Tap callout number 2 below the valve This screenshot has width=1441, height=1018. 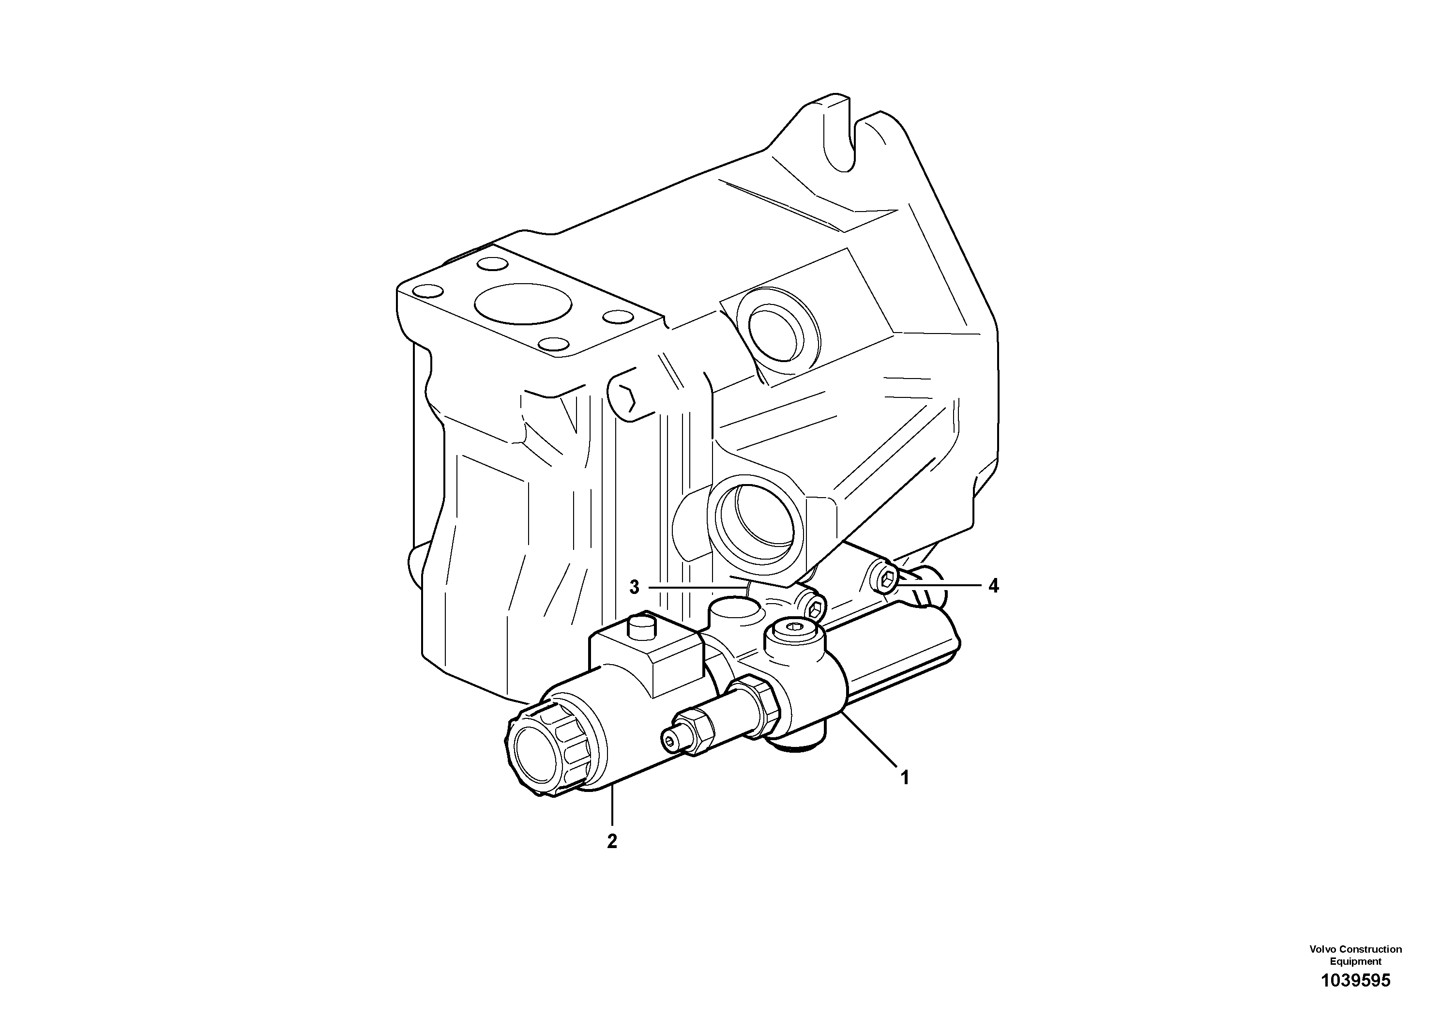point(612,841)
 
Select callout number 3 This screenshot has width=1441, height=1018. point(635,588)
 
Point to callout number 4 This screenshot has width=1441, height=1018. point(993,586)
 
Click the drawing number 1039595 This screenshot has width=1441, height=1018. point(1356,980)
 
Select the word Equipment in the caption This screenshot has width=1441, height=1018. point(1356,961)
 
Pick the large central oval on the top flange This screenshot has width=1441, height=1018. point(523,304)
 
